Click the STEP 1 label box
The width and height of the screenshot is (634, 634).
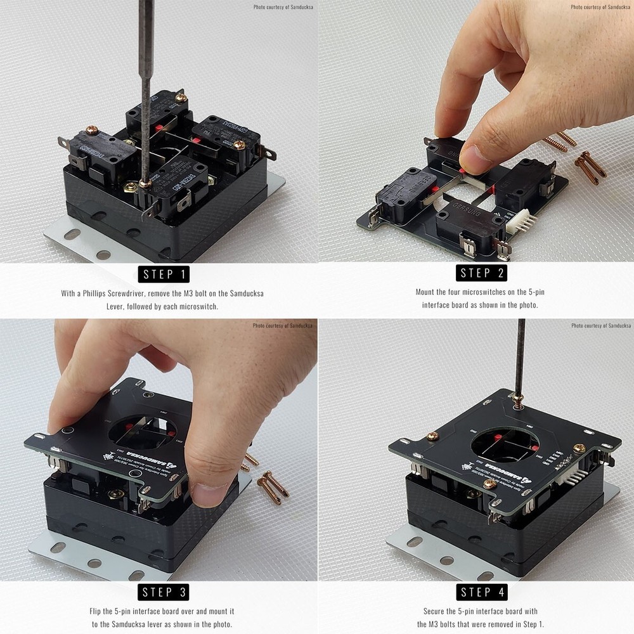pos(164,274)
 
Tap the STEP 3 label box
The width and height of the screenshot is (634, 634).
pos(164,592)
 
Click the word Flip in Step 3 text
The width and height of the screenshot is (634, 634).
pos(95,611)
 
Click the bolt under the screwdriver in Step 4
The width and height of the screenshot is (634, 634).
pos(517,399)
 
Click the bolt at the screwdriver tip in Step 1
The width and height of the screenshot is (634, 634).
pos(145,183)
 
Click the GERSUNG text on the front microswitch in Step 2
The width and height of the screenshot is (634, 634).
pos(467,216)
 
